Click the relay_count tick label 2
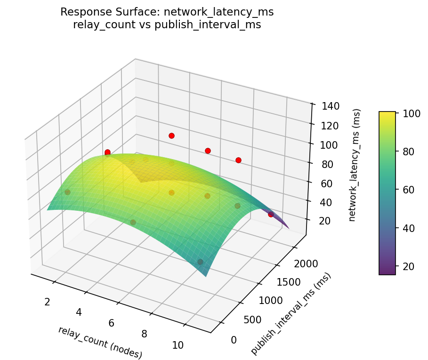47,302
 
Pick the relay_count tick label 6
112,323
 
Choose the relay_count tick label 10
178,345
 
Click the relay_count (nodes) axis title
100,342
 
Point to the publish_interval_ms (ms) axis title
291,314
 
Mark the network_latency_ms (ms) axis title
357,165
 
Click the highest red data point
171,136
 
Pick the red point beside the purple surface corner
271,214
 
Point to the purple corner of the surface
287,228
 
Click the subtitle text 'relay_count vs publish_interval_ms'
167,25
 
